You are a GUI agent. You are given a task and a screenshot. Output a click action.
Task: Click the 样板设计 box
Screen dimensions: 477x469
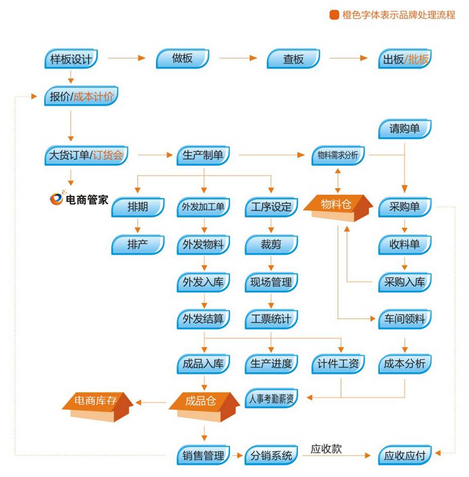click(x=71, y=59)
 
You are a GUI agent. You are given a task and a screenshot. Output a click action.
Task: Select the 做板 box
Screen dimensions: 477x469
click(x=183, y=59)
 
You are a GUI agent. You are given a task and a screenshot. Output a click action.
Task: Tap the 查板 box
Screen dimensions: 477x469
click(x=294, y=59)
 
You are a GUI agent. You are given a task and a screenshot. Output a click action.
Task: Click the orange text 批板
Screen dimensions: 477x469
click(x=419, y=59)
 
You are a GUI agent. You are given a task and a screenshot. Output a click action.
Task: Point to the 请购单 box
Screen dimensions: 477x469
click(x=404, y=129)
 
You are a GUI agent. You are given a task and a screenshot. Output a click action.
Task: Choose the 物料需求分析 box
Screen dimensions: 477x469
click(x=338, y=156)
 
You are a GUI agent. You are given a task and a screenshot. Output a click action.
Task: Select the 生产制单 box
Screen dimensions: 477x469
click(x=203, y=156)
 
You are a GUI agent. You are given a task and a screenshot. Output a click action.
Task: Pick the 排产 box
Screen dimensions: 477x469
click(x=138, y=245)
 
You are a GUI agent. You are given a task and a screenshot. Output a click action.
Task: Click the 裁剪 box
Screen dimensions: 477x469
click(x=271, y=245)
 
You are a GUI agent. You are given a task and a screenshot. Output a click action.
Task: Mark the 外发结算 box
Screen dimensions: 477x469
click(x=203, y=319)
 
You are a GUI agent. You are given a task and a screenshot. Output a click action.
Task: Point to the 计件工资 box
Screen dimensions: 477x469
click(x=338, y=364)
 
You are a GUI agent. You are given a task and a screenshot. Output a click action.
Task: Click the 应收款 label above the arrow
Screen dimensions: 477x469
click(x=326, y=449)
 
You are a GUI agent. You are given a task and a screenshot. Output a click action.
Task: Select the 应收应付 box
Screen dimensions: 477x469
click(x=404, y=456)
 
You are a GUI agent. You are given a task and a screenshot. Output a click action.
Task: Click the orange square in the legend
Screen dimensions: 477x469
click(x=334, y=15)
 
